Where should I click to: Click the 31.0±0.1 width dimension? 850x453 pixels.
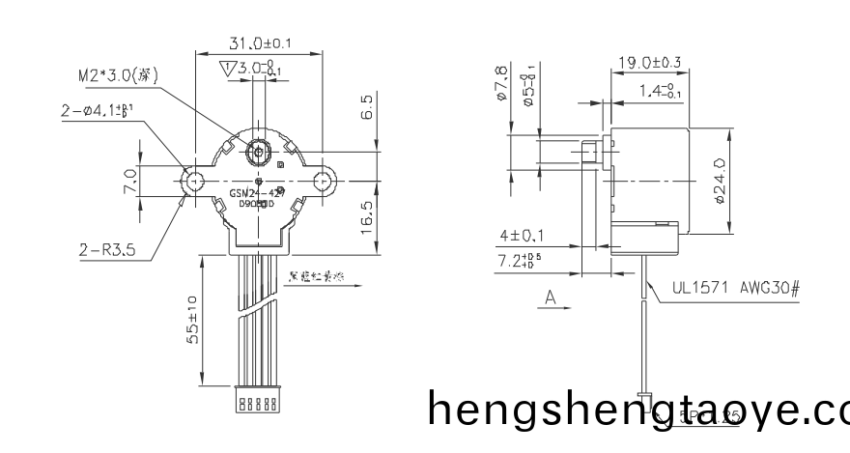click(x=260, y=43)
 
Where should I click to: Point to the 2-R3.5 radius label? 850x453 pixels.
click(x=107, y=250)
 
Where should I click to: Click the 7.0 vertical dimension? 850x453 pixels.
click(x=129, y=181)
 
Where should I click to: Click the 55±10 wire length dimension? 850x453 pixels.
click(x=193, y=320)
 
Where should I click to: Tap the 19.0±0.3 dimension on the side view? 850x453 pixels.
click(x=649, y=64)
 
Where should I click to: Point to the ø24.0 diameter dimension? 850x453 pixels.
click(x=720, y=181)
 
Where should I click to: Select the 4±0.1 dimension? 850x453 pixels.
click(x=523, y=236)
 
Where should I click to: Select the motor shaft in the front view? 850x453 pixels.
click(x=259, y=151)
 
